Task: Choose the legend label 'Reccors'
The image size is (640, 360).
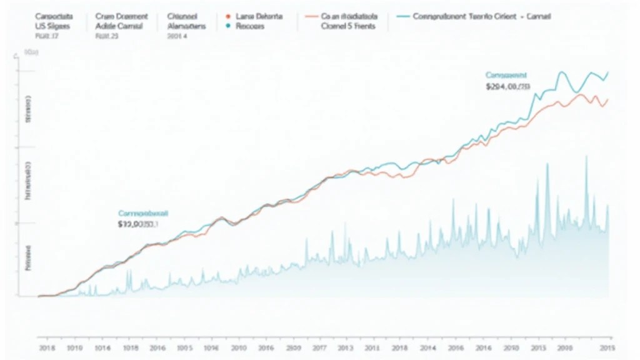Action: (x=251, y=27)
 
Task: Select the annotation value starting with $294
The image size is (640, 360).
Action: (x=509, y=87)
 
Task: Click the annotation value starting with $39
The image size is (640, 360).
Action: (x=139, y=224)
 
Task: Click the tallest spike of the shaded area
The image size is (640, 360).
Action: (x=586, y=157)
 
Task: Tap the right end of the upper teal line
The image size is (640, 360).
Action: (x=608, y=72)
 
